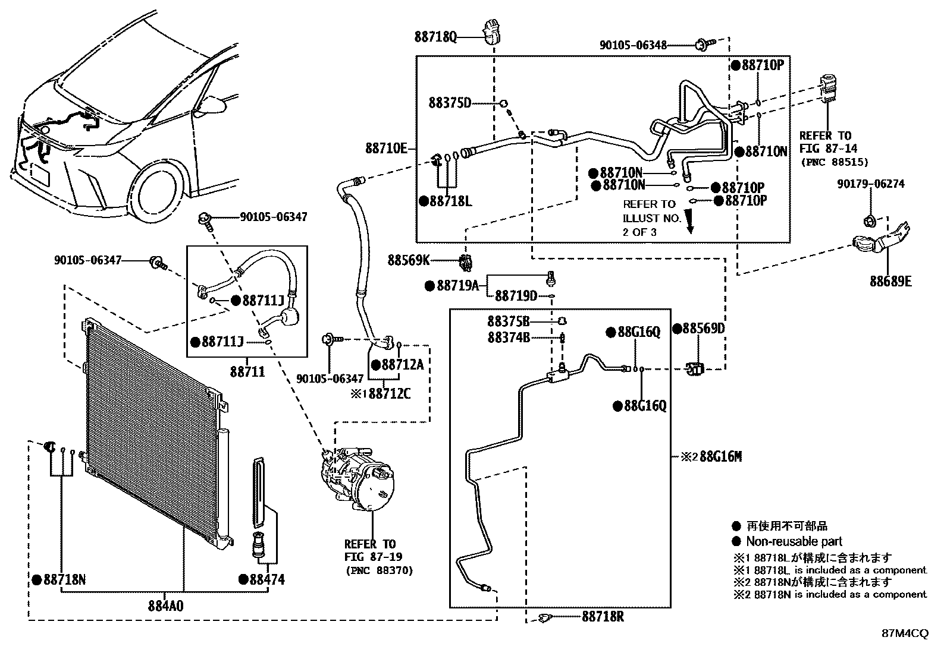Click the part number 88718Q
click(435, 37)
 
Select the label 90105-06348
click(633, 45)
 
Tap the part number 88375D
click(450, 103)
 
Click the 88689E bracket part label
click(890, 281)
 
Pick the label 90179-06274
click(871, 184)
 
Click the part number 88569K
click(409, 260)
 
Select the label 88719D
click(516, 296)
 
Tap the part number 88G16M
click(720, 456)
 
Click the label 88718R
click(603, 617)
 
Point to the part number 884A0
click(166, 606)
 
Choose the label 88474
click(266, 579)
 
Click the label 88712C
click(390, 394)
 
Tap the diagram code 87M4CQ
click(905, 633)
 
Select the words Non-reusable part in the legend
click(794, 541)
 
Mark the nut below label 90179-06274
click(868, 221)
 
